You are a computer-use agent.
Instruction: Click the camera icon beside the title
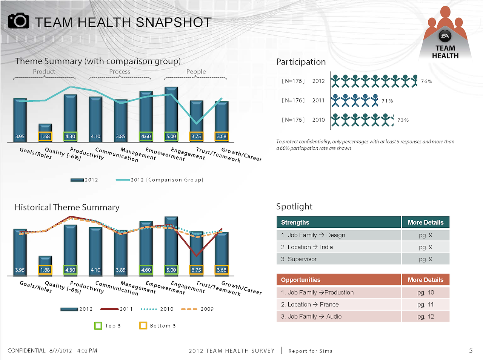pyautogui.click(x=18, y=21)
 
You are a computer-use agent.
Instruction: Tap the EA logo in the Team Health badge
pyautogui.click(x=445, y=36)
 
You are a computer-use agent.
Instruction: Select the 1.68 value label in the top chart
pyautogui.click(x=45, y=136)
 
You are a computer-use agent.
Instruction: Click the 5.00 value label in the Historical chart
pyautogui.click(x=171, y=270)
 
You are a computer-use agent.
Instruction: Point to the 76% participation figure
pyautogui.click(x=426, y=81)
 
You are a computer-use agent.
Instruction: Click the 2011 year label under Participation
pyautogui.click(x=318, y=101)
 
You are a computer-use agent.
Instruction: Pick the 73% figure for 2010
pyautogui.click(x=403, y=120)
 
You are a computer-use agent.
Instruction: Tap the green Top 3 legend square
pyautogui.click(x=98, y=326)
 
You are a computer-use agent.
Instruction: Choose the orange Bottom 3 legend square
pyautogui.click(x=143, y=326)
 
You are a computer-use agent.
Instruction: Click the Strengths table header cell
pyautogui.click(x=338, y=222)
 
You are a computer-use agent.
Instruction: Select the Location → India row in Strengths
pyautogui.click(x=338, y=247)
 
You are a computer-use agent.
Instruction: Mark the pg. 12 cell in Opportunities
pyautogui.click(x=426, y=317)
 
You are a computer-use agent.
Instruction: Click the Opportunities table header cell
pyautogui.click(x=338, y=280)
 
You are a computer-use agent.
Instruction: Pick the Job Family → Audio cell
pyautogui.click(x=338, y=317)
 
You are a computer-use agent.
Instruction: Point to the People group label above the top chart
pyautogui.click(x=196, y=72)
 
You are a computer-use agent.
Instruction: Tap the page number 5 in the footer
pyautogui.click(x=471, y=351)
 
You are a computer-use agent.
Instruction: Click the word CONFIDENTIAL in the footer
pyautogui.click(x=26, y=351)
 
